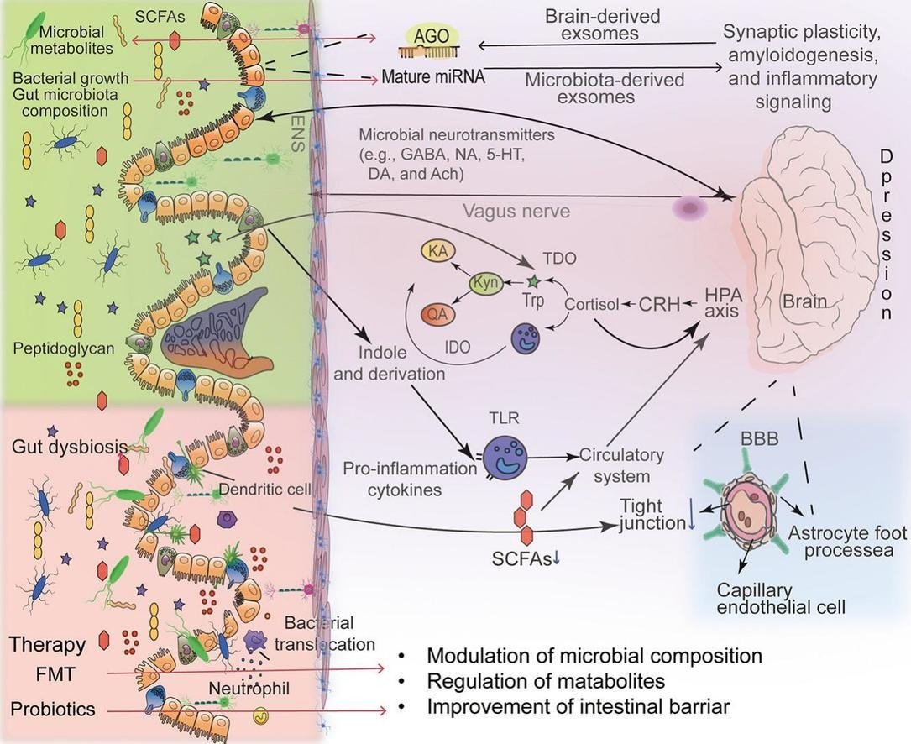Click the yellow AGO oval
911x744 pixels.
[432, 36]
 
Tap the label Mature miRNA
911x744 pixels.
[433, 77]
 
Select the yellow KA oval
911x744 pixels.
[436, 252]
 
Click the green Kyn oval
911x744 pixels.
[486, 283]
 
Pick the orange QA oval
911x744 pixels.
[436, 313]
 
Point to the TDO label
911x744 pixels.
[559, 259]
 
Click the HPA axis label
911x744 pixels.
[723, 303]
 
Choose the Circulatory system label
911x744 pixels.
[621, 465]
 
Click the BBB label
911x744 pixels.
[761, 438]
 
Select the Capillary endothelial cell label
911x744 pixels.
[781, 598]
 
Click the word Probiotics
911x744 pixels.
[54, 709]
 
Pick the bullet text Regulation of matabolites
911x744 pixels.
[546, 681]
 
